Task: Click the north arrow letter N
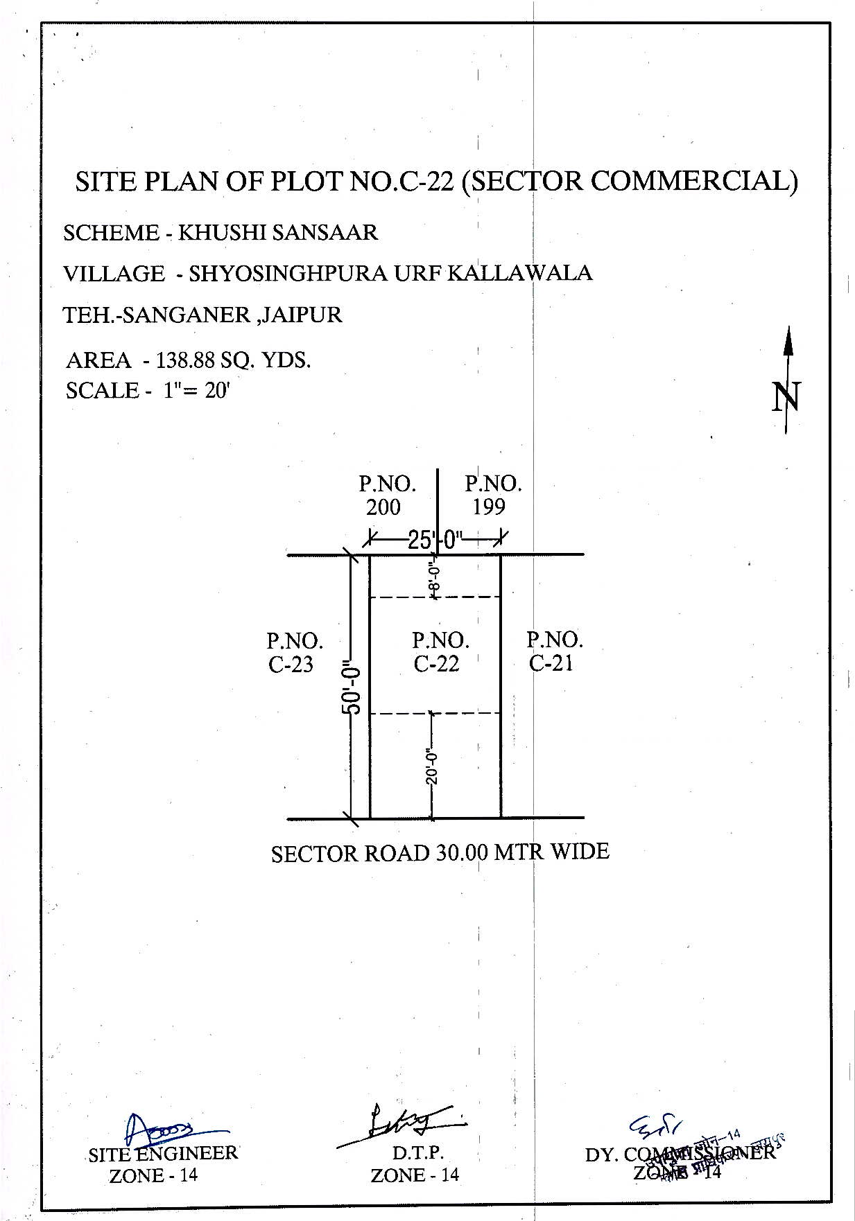tap(786, 397)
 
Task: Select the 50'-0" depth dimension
tap(351, 689)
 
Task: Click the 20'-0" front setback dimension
tap(433, 765)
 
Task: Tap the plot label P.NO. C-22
tap(440, 651)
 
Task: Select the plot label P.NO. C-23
tap(294, 651)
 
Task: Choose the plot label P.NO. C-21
tap(554, 651)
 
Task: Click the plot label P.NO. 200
tap(386, 495)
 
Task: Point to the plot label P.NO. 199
tap(492, 495)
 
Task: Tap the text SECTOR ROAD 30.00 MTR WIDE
tap(440, 852)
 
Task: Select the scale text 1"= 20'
tap(196, 391)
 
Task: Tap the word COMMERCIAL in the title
tap(689, 181)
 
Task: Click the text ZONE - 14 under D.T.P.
tap(415, 1175)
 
